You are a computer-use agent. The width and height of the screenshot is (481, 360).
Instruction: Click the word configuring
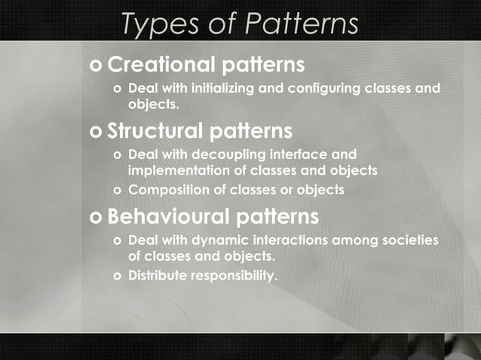(x=322, y=88)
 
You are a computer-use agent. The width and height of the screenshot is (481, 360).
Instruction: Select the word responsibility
(x=234, y=276)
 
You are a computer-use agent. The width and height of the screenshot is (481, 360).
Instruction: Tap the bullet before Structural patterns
(x=95, y=133)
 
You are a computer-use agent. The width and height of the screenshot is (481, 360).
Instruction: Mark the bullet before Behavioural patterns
(x=95, y=218)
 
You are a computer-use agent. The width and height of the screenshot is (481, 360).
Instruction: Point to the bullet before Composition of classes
(x=117, y=191)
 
